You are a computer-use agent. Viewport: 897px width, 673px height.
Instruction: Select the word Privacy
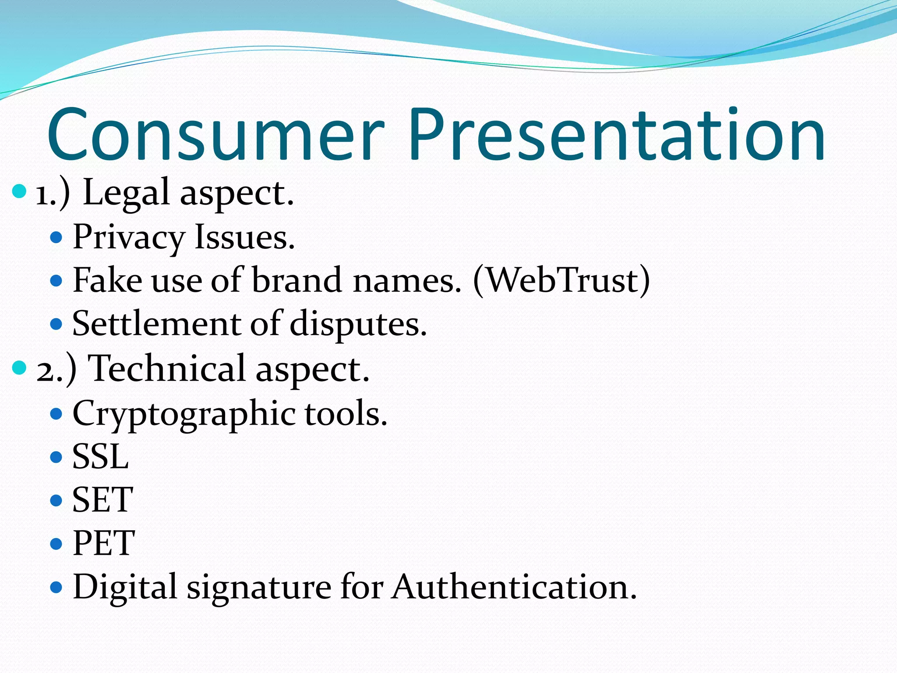coord(129,238)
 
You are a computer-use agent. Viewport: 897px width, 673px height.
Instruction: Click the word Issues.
coord(244,237)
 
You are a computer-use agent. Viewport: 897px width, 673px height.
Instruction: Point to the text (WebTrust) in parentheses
coord(562,280)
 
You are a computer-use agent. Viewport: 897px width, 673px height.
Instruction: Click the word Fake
coord(107,280)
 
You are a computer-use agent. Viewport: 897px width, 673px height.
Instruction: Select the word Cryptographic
coord(184,414)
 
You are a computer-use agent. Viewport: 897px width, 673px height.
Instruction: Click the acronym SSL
coord(100,457)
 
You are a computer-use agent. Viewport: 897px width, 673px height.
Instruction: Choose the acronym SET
coord(102,500)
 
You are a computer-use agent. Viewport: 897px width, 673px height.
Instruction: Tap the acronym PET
coord(103,543)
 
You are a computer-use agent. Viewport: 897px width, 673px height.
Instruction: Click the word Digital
coord(124,588)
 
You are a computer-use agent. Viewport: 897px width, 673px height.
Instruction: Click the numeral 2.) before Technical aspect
coord(56,371)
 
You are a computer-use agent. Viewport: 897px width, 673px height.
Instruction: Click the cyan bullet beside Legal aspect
coord(19,191)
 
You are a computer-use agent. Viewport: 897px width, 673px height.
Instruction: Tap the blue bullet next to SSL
coord(56,457)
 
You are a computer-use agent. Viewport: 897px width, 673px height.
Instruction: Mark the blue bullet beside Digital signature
coord(56,587)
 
